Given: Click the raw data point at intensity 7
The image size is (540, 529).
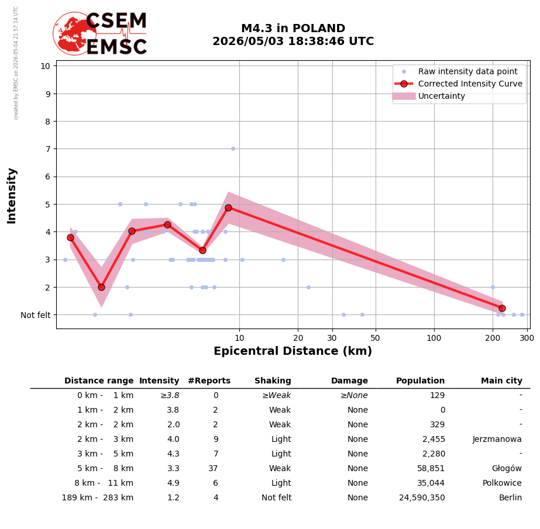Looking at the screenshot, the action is coord(233,148).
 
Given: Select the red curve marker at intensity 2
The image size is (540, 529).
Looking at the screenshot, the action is coord(101,287).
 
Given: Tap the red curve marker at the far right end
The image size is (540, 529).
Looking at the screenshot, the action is coord(502,308).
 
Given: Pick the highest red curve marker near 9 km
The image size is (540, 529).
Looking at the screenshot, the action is coord(228,208).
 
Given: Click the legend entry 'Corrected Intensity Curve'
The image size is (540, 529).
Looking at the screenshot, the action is coord(470,84).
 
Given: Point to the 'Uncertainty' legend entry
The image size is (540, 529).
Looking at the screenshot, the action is coord(442,96).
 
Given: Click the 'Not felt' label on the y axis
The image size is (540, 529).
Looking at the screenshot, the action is coord(36,315).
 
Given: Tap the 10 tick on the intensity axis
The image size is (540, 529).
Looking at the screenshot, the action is coord(46,66).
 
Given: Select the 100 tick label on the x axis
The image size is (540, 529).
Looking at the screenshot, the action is coord(434,338).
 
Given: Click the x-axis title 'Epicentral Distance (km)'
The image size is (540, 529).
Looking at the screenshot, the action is coord(293,351).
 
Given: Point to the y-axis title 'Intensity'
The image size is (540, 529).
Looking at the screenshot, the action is coord(11,196).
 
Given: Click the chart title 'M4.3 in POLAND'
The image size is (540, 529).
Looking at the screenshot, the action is coord(293,28).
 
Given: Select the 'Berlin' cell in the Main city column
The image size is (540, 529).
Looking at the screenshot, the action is coord(510,497).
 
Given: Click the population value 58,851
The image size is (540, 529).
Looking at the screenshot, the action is coord(431,468).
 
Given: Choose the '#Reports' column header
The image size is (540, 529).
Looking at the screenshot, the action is coord(209,381).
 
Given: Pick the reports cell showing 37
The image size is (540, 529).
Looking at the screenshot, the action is coord(213,468).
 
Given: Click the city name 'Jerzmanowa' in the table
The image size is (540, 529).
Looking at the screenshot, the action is coord(497,439).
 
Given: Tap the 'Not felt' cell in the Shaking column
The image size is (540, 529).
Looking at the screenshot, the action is coord(277,497).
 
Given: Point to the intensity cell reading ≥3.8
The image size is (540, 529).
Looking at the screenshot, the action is coord(170,396).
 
